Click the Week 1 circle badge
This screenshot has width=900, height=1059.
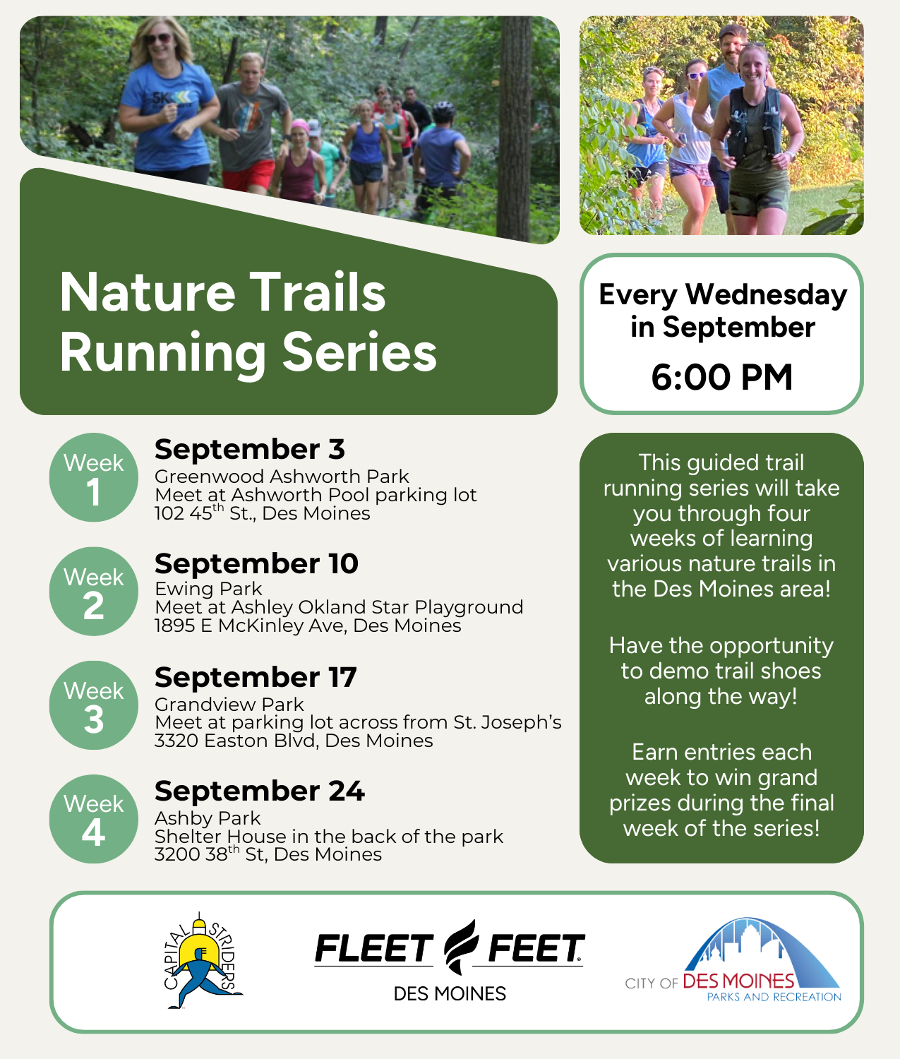(94, 477)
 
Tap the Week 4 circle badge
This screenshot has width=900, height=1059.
(94, 819)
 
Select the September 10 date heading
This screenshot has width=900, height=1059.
(256, 563)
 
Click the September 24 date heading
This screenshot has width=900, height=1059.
(259, 791)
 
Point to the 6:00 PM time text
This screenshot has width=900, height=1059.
(721, 377)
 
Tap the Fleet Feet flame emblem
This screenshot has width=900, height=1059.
(461, 946)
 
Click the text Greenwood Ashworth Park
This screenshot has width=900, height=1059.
(282, 477)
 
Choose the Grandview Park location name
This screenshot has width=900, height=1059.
(229, 705)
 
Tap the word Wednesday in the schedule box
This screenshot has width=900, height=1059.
(766, 294)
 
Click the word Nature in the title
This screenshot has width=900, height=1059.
(148, 292)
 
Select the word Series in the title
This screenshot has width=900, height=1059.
(359, 352)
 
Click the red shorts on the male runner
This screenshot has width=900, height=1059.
(248, 175)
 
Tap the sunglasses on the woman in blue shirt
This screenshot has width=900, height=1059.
(158, 39)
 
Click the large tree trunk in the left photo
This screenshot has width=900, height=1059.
(514, 128)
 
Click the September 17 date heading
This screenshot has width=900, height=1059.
(256, 677)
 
